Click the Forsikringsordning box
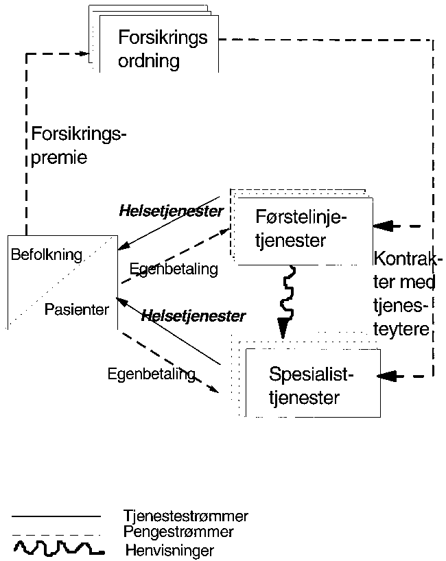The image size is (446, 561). tap(162, 48)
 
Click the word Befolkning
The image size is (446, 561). tap(46, 255)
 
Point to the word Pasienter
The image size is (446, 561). tap(76, 309)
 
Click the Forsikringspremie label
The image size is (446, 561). tap(79, 145)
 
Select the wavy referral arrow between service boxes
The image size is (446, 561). tap(288, 296)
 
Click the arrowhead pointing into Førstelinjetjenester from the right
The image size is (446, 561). tap(385, 225)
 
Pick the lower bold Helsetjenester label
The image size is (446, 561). tap(193, 316)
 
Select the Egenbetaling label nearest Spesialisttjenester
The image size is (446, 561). tap(151, 374)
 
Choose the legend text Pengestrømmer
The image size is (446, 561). tap(178, 532)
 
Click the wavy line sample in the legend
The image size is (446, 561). tap(58, 548)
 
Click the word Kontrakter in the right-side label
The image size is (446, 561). tap(408, 261)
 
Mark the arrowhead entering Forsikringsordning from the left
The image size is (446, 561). tap(86, 53)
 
